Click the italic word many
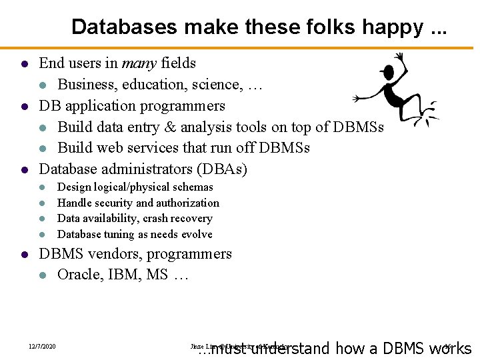pyautogui.click(x=138, y=63)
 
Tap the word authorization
pyautogui.click(x=187, y=203)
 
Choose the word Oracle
pyautogui.click(x=78, y=275)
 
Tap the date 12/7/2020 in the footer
pyautogui.click(x=42, y=347)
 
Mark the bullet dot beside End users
pyautogui.click(x=23, y=64)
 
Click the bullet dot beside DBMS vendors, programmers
pyautogui.click(x=23, y=255)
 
